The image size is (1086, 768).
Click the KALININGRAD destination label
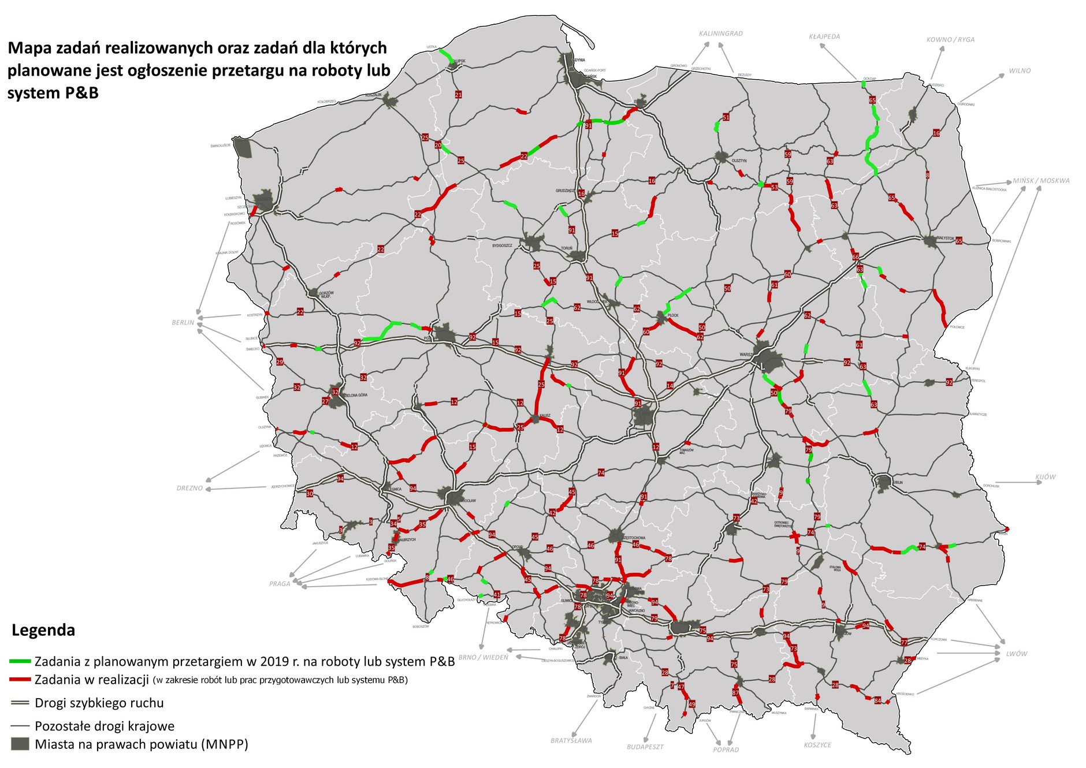(720, 33)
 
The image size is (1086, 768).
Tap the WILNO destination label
(1020, 71)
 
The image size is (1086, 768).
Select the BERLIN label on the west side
(183, 323)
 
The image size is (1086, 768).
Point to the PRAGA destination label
(280, 584)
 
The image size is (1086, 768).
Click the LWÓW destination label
(1017, 654)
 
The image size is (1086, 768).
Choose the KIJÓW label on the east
(1046, 477)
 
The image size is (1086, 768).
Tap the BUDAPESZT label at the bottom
(645, 747)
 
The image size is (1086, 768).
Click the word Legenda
(43, 630)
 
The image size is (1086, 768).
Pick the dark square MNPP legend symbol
(20, 744)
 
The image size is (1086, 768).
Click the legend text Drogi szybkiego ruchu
(99, 703)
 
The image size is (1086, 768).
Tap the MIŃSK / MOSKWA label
(1041, 181)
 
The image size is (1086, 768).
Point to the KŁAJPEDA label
(824, 36)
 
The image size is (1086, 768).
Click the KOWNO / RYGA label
(950, 40)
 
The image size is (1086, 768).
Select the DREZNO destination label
(190, 489)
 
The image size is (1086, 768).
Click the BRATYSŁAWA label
(571, 740)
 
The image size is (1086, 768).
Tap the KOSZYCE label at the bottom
(817, 745)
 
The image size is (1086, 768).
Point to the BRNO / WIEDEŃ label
(484, 657)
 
